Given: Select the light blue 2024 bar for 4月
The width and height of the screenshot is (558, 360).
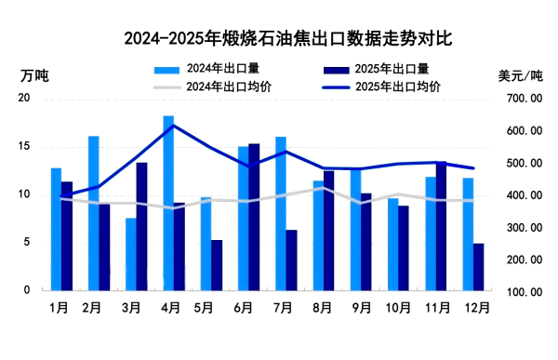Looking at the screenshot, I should tap(168, 203).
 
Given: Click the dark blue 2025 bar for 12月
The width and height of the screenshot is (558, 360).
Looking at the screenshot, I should tap(478, 267).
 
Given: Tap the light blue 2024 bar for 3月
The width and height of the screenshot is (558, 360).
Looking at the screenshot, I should tap(131, 254).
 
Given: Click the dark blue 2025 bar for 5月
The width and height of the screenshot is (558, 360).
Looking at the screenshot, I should tap(217, 265).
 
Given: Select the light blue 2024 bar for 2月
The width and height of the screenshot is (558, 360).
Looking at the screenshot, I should tap(94, 213).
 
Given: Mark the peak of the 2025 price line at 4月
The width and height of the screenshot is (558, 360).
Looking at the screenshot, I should tap(173, 125).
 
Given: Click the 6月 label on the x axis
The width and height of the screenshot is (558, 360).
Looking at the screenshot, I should tap(244, 306).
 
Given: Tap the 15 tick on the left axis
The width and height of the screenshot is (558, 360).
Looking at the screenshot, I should tap(25, 147).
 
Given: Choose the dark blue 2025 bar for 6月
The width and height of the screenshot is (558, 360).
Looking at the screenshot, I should tap(254, 217).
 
